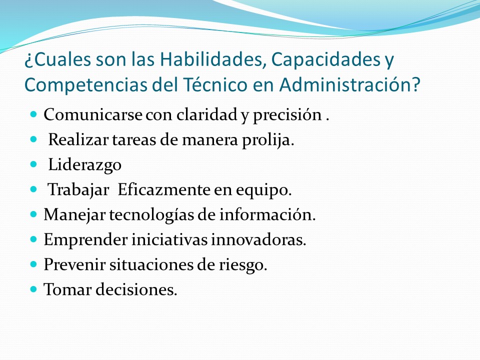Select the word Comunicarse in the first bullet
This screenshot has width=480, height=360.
tap(93, 115)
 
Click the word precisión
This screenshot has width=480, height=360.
tap(287, 115)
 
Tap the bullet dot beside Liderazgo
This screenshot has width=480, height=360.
tap(33, 164)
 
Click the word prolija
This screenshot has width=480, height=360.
tap(268, 140)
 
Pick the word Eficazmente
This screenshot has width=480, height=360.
tap(163, 190)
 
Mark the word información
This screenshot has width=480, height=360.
tap(267, 214)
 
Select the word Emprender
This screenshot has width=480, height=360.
tap(85, 240)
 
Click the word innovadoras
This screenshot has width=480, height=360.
tap(258, 239)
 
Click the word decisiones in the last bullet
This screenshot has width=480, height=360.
tap(136, 289)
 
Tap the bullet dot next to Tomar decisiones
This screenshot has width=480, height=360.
tap(33, 288)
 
